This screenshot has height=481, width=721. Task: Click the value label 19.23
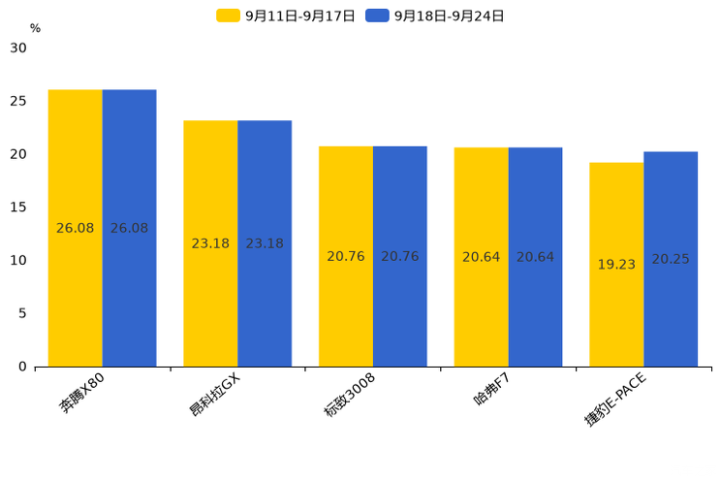[616, 265]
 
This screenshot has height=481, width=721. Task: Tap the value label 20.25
[671, 259]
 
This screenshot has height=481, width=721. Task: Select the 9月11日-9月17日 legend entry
[286, 16]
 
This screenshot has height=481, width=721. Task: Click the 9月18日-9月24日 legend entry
[435, 16]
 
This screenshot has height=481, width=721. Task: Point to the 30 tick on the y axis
[18, 48]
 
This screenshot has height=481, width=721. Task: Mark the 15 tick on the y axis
[18, 208]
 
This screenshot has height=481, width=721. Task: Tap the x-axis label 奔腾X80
[82, 393]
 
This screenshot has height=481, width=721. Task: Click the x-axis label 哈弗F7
[491, 390]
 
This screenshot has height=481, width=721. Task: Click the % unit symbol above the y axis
[35, 28]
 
